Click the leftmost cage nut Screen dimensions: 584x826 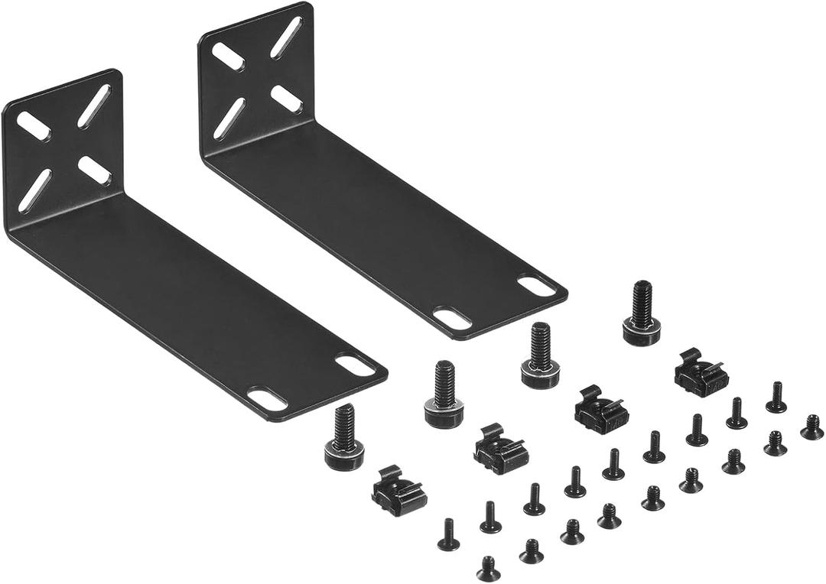click(x=398, y=491)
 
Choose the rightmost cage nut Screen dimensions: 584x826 click(x=701, y=373)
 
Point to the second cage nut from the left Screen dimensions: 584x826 click(x=500, y=449)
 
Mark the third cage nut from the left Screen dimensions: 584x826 click(x=601, y=410)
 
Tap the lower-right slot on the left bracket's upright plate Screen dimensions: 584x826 click(x=94, y=170)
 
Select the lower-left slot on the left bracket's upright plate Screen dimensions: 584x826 click(x=35, y=190)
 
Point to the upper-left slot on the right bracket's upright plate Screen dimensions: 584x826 click(x=228, y=57)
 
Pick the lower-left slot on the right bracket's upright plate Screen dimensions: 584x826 click(x=229, y=119)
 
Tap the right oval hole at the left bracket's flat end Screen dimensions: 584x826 click(x=355, y=365)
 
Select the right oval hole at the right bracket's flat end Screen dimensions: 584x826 click(x=537, y=285)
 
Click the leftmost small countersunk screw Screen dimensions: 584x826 click(x=448, y=535)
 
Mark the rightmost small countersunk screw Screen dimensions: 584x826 click(x=812, y=427)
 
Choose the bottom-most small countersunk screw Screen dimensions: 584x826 click(x=488, y=569)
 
